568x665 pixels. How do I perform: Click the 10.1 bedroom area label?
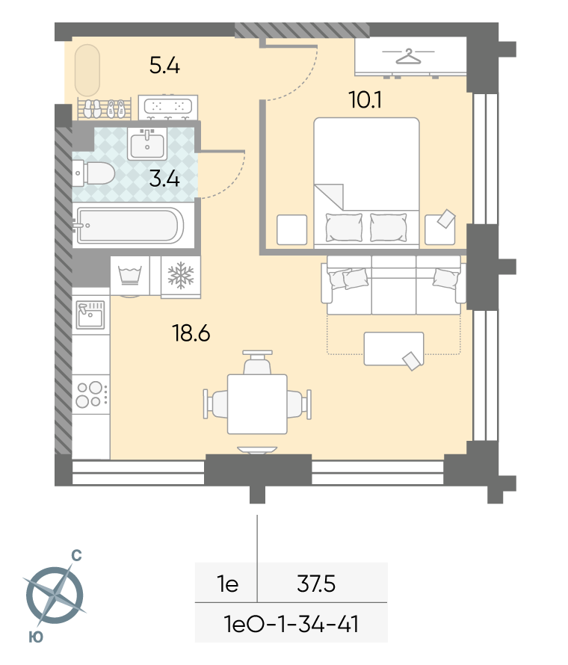(365, 100)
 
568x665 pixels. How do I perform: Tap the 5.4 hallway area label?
(164, 66)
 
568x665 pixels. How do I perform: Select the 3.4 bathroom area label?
(164, 179)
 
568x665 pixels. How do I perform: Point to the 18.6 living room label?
(191, 333)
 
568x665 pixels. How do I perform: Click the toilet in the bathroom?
(93, 173)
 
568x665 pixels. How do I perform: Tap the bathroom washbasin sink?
(146, 144)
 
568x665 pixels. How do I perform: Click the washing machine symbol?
(130, 276)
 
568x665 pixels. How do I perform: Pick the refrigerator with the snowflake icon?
(181, 276)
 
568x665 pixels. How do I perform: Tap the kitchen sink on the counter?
(90, 315)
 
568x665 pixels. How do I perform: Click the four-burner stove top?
(91, 395)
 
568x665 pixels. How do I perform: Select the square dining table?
(257, 403)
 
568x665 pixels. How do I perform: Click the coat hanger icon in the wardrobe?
(408, 56)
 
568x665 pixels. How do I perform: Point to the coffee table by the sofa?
(394, 349)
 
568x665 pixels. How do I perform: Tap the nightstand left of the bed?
(292, 230)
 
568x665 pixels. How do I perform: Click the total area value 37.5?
(316, 584)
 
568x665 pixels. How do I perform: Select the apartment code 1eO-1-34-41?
(291, 625)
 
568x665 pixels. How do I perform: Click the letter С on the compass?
(76, 556)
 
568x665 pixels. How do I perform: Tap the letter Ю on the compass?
(36, 637)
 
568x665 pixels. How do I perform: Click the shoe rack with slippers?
(105, 108)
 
